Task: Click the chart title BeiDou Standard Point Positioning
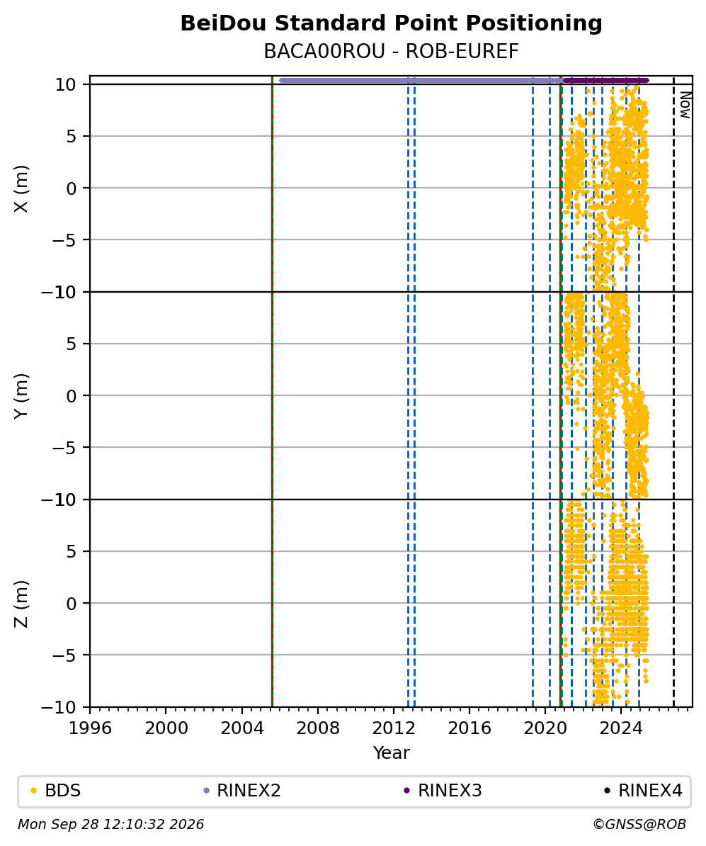[x=391, y=24]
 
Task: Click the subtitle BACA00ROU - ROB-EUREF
[x=391, y=51]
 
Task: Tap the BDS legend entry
[x=55, y=791]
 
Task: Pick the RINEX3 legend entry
[x=443, y=791]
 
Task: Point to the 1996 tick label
[x=90, y=728]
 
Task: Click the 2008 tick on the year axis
[x=318, y=728]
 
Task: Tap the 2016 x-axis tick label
[x=469, y=728]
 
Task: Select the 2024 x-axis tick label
[x=621, y=728]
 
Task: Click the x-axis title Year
[x=391, y=752]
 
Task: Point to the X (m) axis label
[x=21, y=188]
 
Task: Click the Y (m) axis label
[x=21, y=395]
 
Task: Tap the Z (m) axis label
[x=21, y=604]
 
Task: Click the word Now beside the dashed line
[x=685, y=105]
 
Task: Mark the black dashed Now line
[x=673, y=391]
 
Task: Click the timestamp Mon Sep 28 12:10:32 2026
[x=111, y=825]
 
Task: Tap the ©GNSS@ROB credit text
[x=639, y=825]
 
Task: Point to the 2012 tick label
[x=394, y=728]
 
